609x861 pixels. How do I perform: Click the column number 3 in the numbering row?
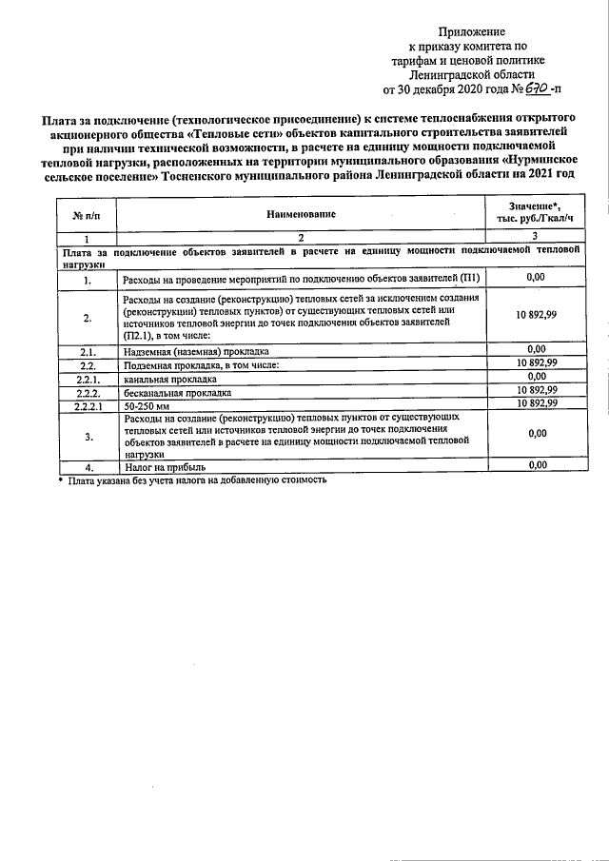535,236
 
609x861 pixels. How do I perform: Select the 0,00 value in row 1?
535,277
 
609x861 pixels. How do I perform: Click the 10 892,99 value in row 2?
535,315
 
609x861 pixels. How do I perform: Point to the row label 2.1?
88,351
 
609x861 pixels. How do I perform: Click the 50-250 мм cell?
146,404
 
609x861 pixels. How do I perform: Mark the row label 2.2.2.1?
88,404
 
